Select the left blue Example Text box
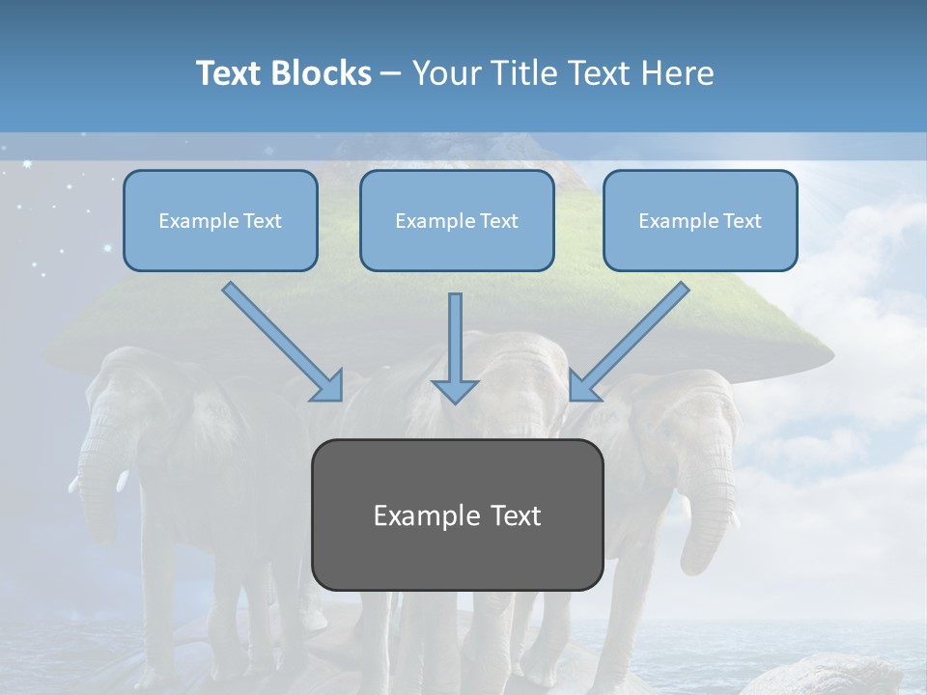click(x=220, y=221)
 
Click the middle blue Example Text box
click(x=457, y=221)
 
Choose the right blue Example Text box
click(x=700, y=221)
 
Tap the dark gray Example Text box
click(x=457, y=515)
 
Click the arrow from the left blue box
click(x=280, y=340)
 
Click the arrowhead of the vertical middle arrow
click(x=455, y=391)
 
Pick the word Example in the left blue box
click(x=192, y=221)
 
